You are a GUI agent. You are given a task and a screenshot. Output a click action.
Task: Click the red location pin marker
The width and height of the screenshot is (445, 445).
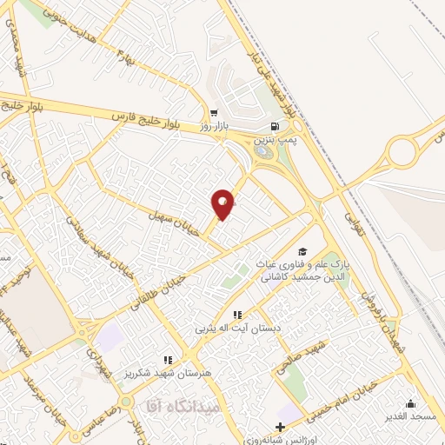click(x=222, y=204)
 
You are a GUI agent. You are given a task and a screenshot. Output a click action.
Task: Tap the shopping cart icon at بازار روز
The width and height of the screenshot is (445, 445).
click(x=214, y=113)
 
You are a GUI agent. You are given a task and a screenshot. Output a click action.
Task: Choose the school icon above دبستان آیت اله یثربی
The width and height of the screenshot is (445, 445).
click(x=236, y=315)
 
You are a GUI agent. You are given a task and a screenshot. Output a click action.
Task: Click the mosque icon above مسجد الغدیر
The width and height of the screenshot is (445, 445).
click(x=410, y=403)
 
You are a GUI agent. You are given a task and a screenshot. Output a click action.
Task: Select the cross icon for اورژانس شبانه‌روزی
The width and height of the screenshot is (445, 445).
click(x=279, y=427)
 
